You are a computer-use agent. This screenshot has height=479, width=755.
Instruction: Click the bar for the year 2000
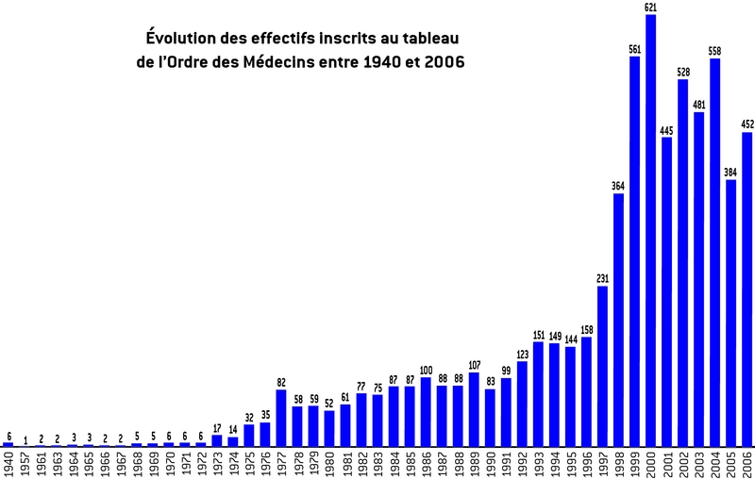pyautogui.click(x=650, y=231)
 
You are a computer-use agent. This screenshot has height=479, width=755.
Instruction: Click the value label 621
pyautogui.click(x=650, y=8)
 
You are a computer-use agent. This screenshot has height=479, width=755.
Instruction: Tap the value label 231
pyautogui.click(x=602, y=279)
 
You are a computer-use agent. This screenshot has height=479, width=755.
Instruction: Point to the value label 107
pyautogui.click(x=474, y=365)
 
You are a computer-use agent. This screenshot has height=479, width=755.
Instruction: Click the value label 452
pyautogui.click(x=747, y=124)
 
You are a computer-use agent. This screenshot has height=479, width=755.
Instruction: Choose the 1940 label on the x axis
pyautogui.click(x=8, y=463)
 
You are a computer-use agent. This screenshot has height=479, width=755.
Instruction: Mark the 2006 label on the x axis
pyautogui.click(x=747, y=463)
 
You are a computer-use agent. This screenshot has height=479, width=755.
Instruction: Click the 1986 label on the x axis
pyautogui.click(x=426, y=463)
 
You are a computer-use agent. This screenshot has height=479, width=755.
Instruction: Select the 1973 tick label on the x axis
pyautogui.click(x=217, y=463)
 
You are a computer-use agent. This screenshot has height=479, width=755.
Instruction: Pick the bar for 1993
pyautogui.click(x=538, y=394)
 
